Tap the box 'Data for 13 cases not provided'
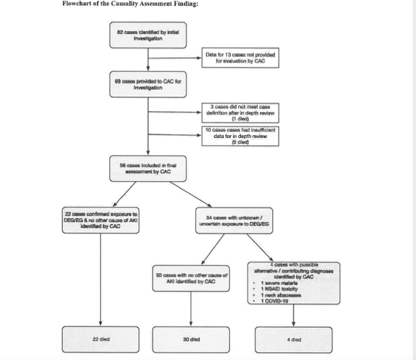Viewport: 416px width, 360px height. click(240, 58)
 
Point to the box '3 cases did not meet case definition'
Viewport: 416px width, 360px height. click(240, 113)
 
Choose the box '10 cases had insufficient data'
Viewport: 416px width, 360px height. click(240, 136)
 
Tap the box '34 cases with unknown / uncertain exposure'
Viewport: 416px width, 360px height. click(229, 219)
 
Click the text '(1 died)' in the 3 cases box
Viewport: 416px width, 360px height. click(240, 119)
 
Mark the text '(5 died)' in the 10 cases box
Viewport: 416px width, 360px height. click(240, 142)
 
